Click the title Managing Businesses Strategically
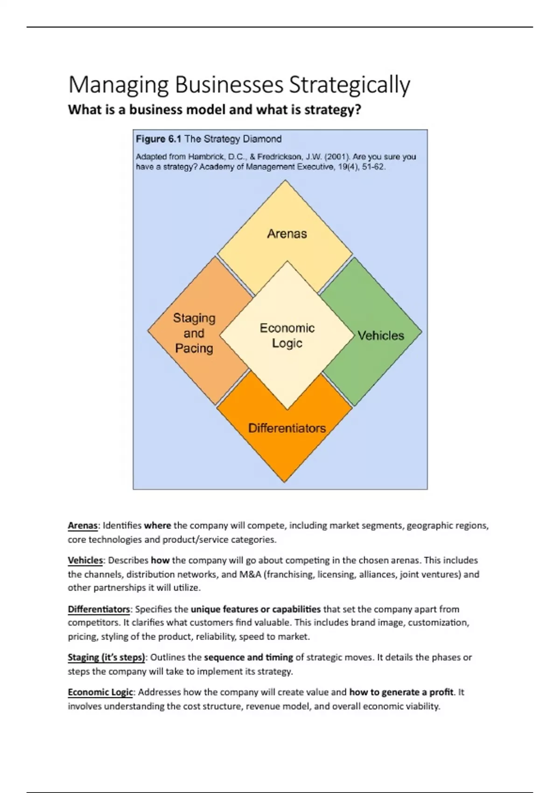(x=239, y=85)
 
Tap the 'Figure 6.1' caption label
(x=158, y=139)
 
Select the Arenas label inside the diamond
(x=287, y=234)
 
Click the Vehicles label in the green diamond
(x=381, y=335)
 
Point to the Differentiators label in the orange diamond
(x=287, y=428)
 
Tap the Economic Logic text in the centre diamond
(x=287, y=335)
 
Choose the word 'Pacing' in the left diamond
(x=194, y=348)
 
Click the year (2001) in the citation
(x=336, y=157)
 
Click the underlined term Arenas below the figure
(x=83, y=526)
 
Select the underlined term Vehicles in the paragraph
(x=85, y=560)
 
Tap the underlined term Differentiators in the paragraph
(x=99, y=609)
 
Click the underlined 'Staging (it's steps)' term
(x=106, y=657)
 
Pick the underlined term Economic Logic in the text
(x=100, y=692)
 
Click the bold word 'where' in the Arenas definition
(x=157, y=526)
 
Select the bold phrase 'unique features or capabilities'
(x=255, y=609)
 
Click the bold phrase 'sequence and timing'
(x=248, y=657)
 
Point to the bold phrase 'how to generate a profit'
(x=401, y=692)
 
